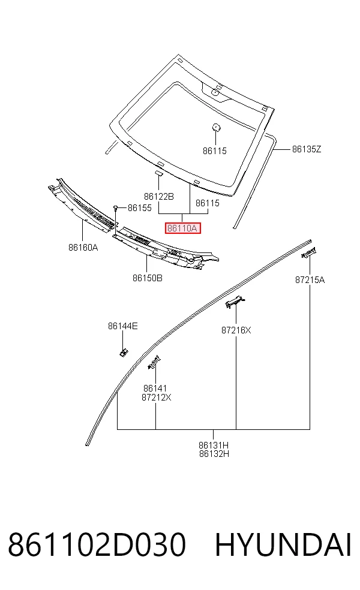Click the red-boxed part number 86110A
[x=182, y=228]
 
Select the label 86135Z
[x=307, y=149]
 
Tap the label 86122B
[x=159, y=197]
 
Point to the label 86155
[x=140, y=208]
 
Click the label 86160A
[x=83, y=247]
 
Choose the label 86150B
[x=148, y=278]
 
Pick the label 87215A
[x=310, y=280]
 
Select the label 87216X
[x=236, y=330]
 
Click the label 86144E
[x=123, y=326]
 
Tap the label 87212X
[x=156, y=398]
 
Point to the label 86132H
[x=214, y=454]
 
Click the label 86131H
[x=214, y=445]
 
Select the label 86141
[x=155, y=389]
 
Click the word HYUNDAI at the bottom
[x=283, y=545]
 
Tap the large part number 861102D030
[x=97, y=545]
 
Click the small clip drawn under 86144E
[x=123, y=353]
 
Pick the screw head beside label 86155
[x=116, y=207]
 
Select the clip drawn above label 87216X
[x=235, y=302]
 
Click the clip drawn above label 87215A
[x=308, y=252]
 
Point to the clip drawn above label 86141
[x=154, y=362]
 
